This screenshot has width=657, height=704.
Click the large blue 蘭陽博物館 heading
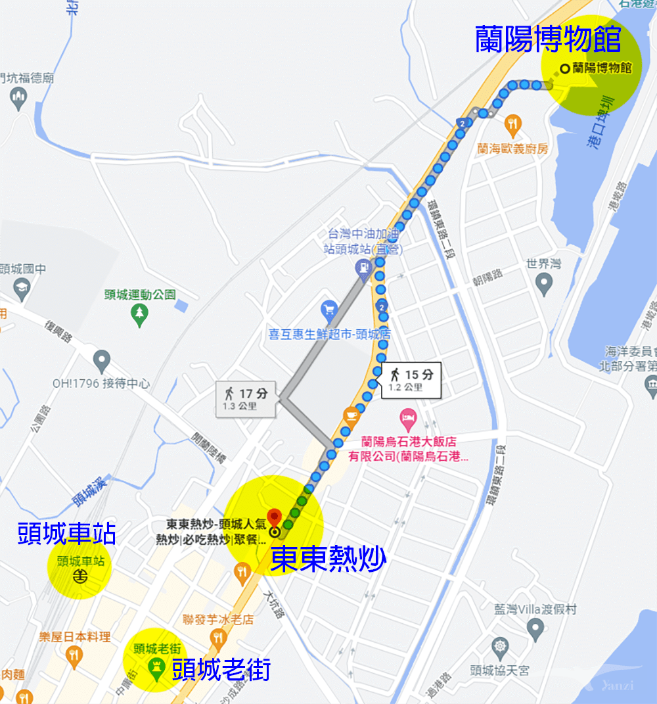(x=548, y=39)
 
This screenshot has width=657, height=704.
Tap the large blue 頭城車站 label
(x=67, y=534)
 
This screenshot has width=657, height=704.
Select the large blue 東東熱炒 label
(x=328, y=559)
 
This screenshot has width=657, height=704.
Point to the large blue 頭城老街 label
(x=221, y=670)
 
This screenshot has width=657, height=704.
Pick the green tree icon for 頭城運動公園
(x=139, y=316)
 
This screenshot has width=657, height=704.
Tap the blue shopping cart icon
(x=328, y=308)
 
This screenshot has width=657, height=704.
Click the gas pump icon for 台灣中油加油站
(x=362, y=268)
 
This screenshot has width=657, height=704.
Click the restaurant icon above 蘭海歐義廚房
(x=512, y=122)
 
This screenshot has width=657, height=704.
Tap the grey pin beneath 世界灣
(x=543, y=284)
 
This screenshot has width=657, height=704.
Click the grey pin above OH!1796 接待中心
(x=101, y=360)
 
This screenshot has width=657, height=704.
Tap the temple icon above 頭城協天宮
(x=500, y=647)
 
